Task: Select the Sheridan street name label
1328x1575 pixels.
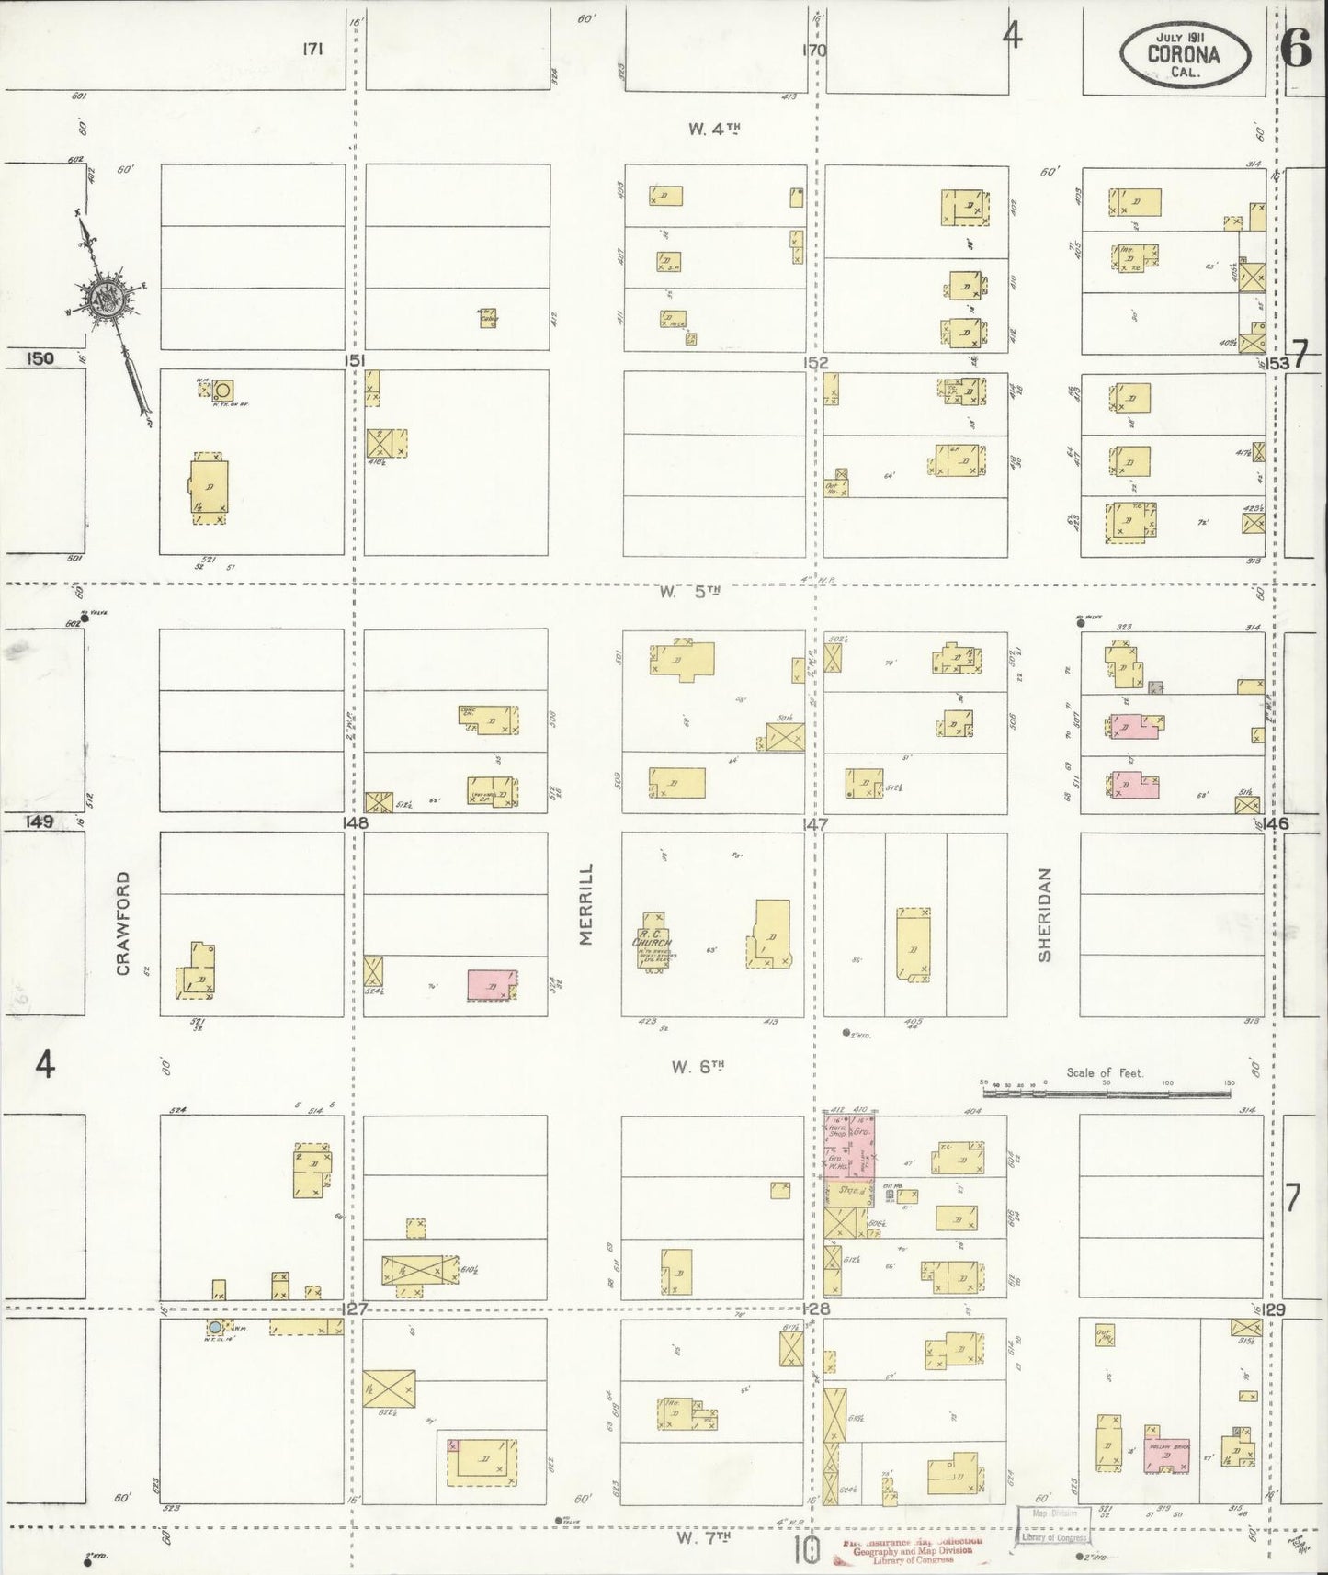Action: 1045,915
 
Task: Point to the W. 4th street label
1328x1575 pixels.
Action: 714,130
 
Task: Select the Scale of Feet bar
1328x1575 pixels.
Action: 1107,1093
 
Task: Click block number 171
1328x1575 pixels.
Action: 312,50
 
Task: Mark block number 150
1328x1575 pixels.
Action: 40,358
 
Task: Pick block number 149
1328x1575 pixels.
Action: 40,821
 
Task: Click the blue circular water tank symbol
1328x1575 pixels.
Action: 214,1327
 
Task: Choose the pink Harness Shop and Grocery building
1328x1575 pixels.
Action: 848,1146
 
